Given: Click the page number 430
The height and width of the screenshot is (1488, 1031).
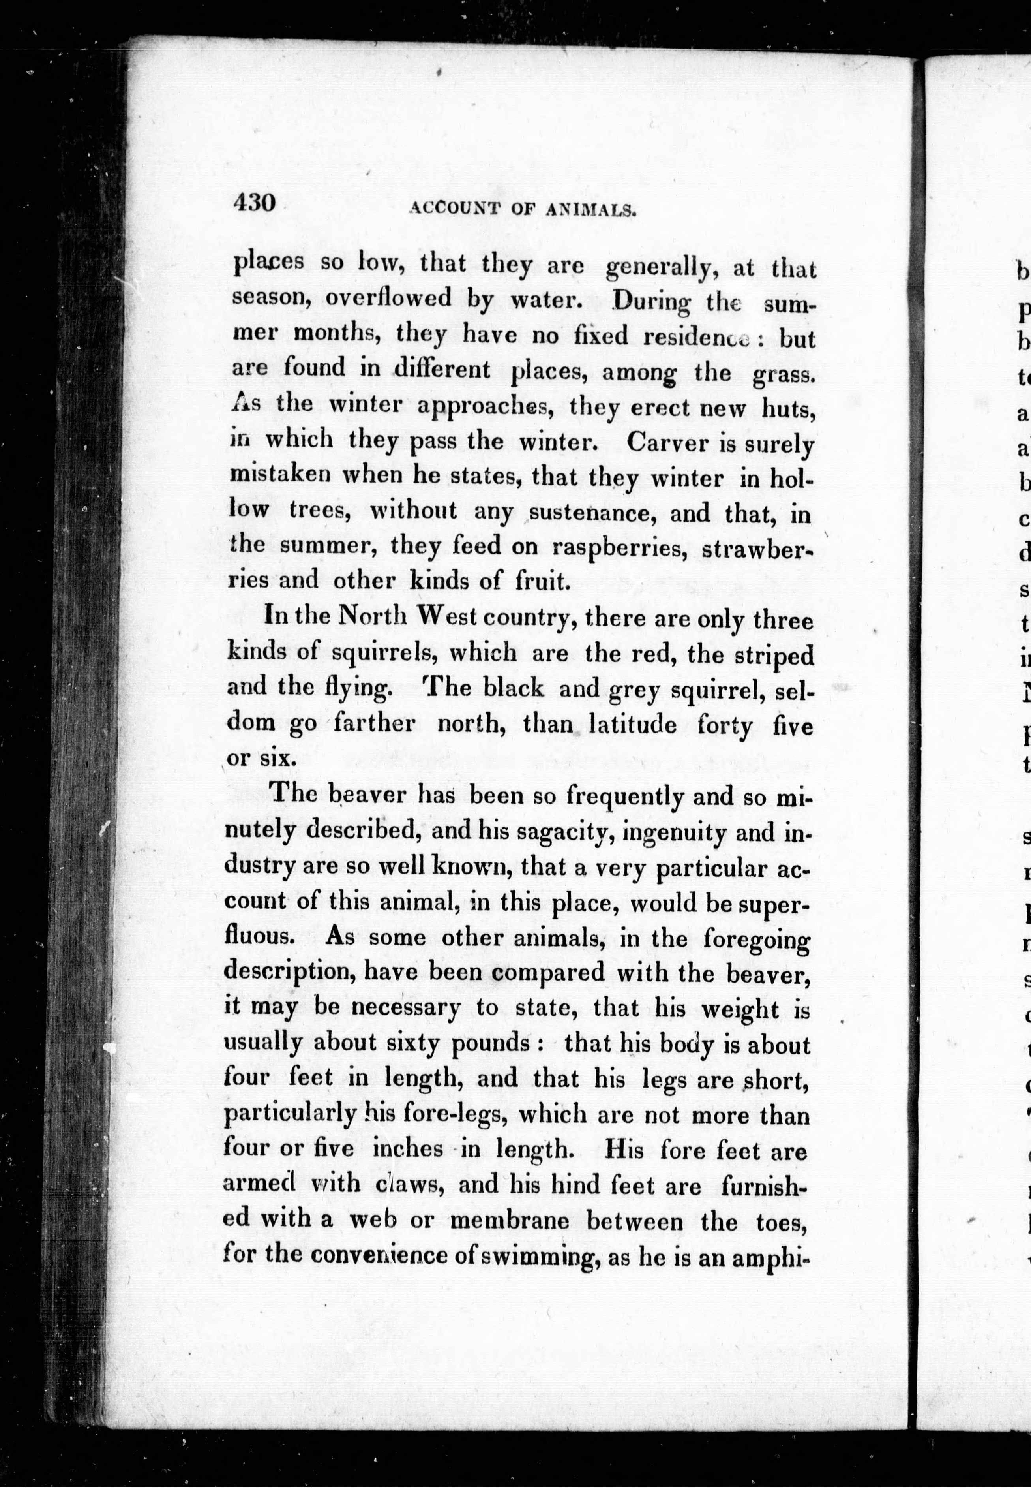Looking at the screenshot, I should [255, 203].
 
